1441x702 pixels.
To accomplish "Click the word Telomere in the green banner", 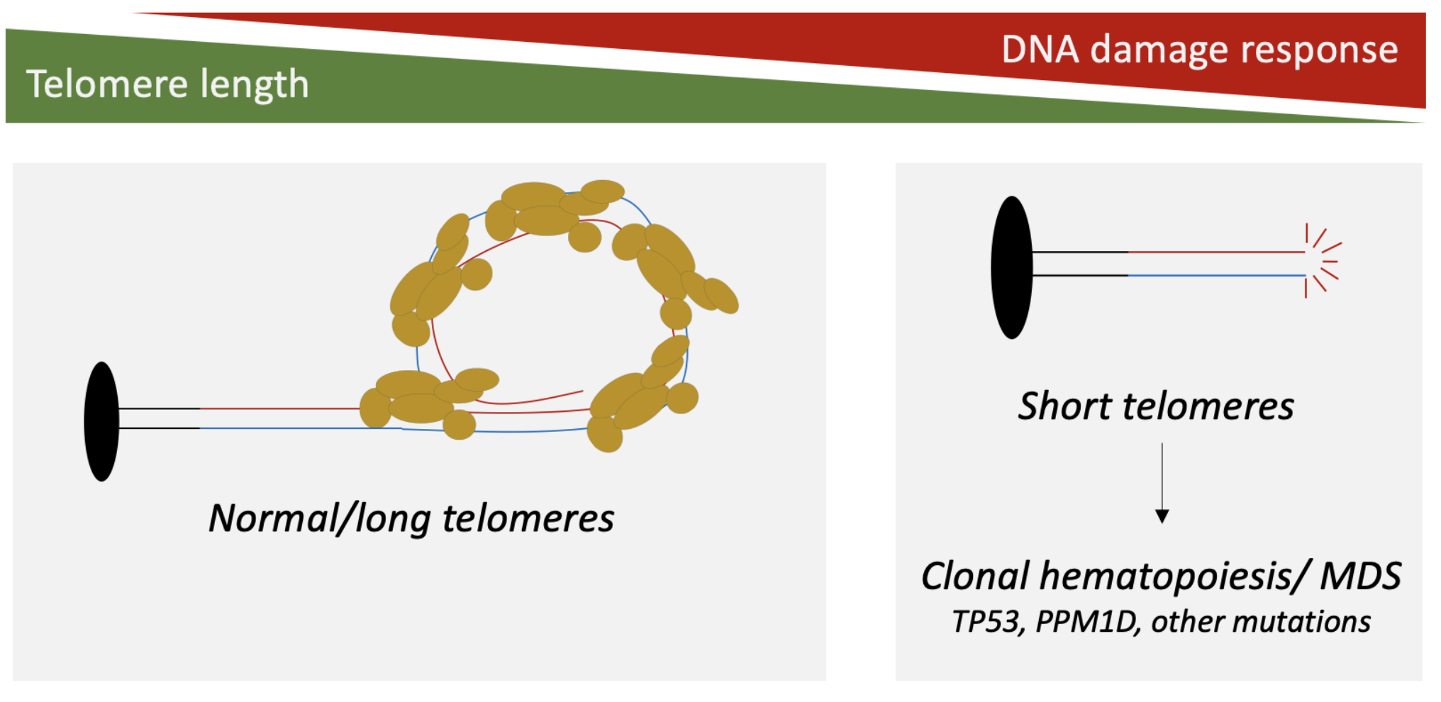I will tap(107, 84).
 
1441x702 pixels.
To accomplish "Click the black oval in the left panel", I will tap(101, 421).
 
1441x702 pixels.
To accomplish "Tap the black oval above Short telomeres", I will tap(1011, 267).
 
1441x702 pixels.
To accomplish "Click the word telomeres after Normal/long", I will tap(528, 518).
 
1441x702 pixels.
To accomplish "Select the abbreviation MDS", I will tap(1360, 576).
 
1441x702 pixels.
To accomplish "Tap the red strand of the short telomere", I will tap(1216, 252).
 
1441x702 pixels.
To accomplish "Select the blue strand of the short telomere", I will tap(1216, 275).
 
